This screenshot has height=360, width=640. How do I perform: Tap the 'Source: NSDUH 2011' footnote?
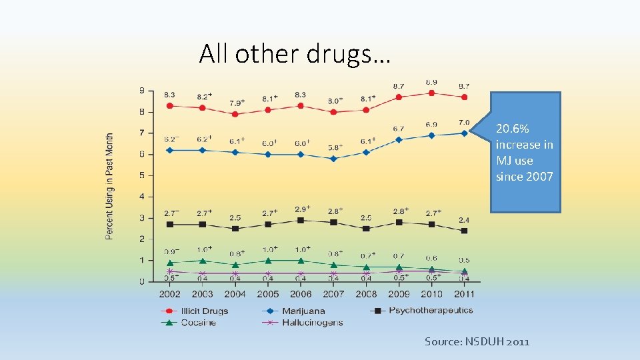(477, 342)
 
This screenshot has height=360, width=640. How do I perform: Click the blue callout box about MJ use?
(525, 153)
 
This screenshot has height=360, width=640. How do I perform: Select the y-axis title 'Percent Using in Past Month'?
(109, 186)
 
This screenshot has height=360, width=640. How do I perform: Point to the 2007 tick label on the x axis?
(333, 293)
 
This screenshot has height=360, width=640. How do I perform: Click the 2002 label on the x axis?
(169, 293)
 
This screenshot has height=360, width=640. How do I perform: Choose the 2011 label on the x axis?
(465, 293)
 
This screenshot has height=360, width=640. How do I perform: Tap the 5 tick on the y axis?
(141, 175)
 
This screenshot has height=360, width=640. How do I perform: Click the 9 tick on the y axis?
(141, 90)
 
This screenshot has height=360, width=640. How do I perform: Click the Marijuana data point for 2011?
(465, 133)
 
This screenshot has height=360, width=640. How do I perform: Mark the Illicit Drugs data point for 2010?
(432, 93)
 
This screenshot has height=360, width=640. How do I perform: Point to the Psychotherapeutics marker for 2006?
(301, 220)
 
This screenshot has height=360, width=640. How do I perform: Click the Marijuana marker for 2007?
(333, 159)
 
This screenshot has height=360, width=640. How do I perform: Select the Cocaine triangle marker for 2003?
(202, 261)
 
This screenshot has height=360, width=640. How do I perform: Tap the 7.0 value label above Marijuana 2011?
(464, 123)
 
